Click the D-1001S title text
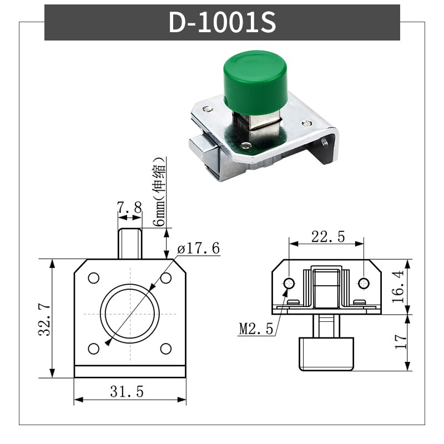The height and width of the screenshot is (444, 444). click(222, 22)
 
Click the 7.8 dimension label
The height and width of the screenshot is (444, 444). click(129, 209)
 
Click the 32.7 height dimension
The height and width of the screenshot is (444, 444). click(44, 319)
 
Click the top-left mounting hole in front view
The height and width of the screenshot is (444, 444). click(93, 277)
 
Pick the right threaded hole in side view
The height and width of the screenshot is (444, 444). click(364, 284)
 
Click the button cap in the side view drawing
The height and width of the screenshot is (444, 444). click(326, 354)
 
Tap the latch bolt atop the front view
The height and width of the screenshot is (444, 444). click(129, 243)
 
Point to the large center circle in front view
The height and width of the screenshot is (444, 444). click(129, 313)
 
